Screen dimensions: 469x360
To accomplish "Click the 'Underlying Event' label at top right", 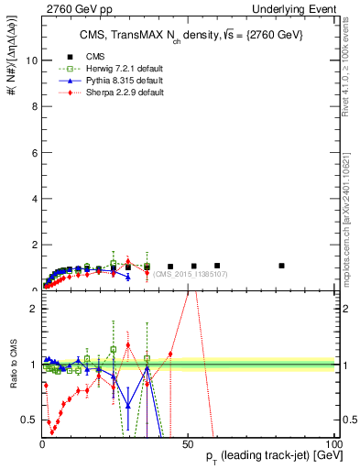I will [x=292, y=9].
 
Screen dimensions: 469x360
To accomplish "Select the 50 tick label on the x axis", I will [x=186, y=444].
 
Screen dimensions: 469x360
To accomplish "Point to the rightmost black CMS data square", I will [x=281, y=266].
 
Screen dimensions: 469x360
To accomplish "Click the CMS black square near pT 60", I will [x=216, y=266].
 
